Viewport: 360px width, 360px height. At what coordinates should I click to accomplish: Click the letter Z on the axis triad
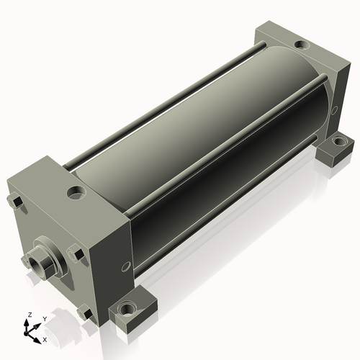(30, 315)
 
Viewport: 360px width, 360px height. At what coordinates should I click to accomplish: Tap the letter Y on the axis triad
(45, 319)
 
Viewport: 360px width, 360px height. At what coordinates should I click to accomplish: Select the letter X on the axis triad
(45, 340)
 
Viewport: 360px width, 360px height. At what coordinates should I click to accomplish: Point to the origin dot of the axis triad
(25, 333)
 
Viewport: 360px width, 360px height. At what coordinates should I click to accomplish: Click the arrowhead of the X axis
(37, 341)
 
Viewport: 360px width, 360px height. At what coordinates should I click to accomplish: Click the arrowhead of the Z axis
(26, 322)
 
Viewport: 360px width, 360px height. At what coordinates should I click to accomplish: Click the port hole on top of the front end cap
(76, 192)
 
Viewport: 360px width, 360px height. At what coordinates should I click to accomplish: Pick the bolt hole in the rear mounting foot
(338, 140)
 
